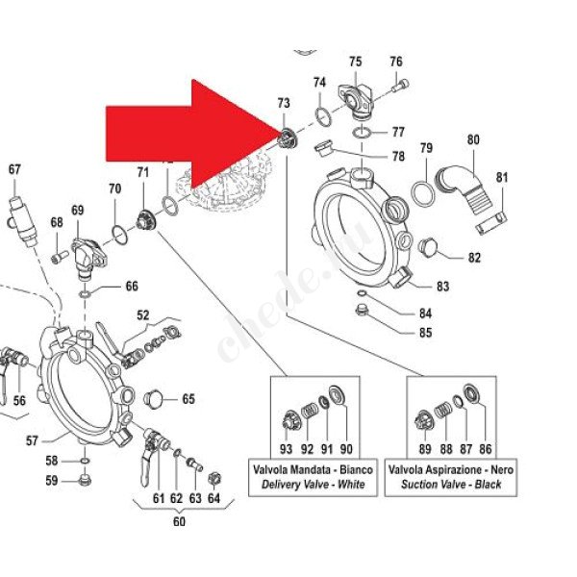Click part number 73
point(283,103)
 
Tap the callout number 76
point(395,63)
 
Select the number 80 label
point(472,139)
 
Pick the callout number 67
point(13,170)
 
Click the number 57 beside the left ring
point(32,440)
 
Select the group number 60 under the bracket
point(179,522)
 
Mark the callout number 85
point(425,334)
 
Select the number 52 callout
point(143,315)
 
